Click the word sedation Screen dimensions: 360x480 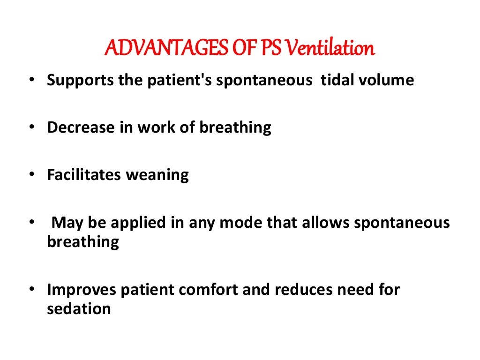[79, 309]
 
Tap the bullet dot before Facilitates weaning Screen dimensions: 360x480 [31, 175]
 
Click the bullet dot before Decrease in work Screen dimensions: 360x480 [31, 128]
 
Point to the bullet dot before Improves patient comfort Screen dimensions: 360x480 [31, 290]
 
